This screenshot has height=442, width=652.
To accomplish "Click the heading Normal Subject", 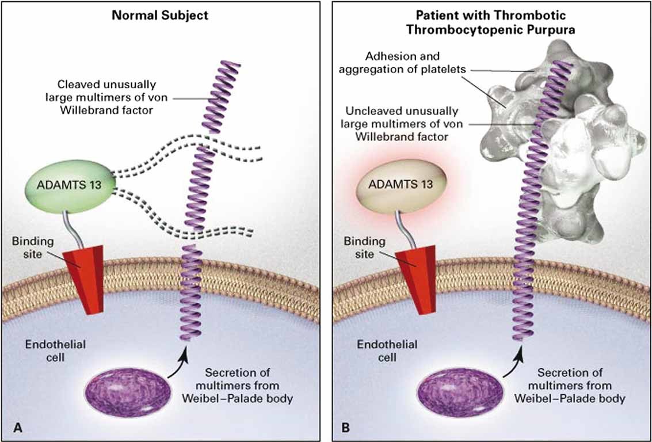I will [159, 16].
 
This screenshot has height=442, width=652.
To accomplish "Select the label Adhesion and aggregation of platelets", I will [402, 63].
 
